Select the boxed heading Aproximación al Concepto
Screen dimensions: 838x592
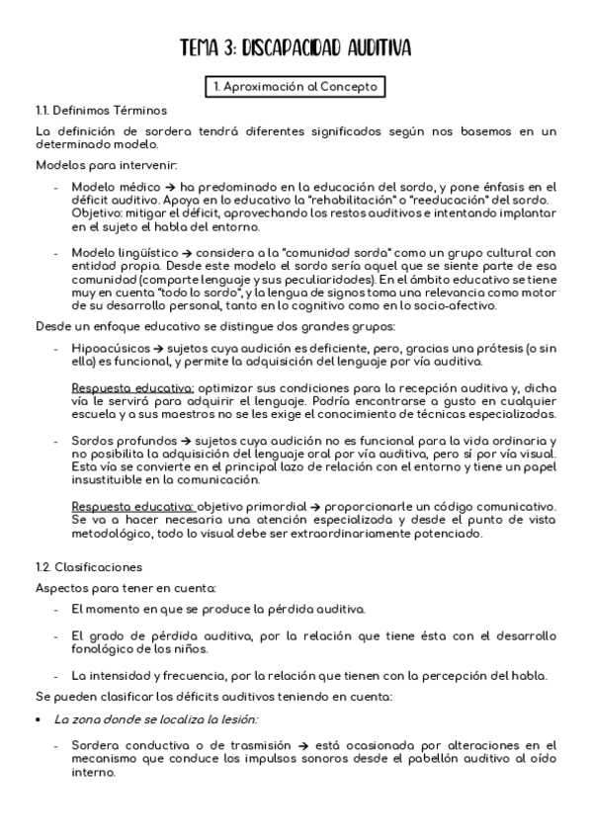coord(296,87)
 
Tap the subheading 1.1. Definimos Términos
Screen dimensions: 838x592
coord(101,110)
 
